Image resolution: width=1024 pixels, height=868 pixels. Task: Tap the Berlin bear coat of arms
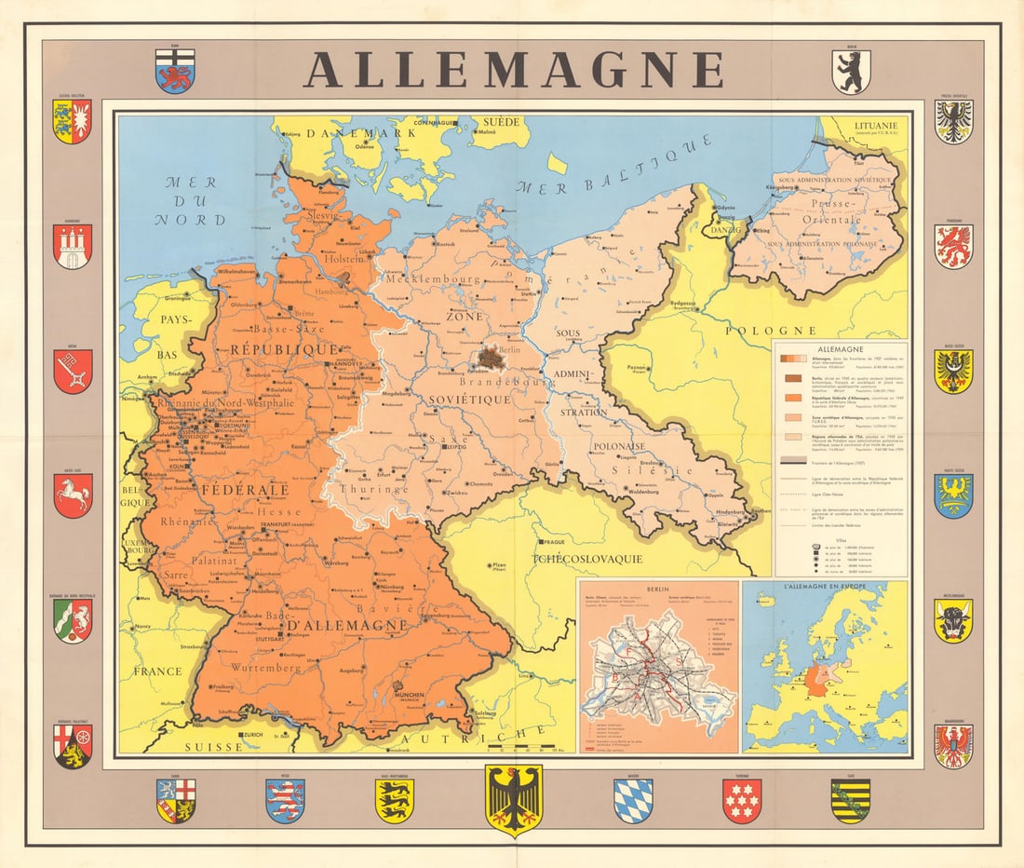[852, 73]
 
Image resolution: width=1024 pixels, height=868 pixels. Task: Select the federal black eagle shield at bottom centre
[513, 799]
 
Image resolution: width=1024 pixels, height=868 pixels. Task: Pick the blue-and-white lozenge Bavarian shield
[632, 800]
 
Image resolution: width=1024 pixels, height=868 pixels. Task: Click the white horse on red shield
[73, 495]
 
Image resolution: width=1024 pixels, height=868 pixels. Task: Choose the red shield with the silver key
[73, 371]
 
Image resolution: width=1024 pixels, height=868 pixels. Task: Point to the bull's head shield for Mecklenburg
[953, 619]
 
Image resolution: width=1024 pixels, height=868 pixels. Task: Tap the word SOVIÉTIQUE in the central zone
[470, 399]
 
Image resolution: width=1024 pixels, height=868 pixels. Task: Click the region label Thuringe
[373, 488]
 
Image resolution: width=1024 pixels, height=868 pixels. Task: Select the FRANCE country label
[157, 671]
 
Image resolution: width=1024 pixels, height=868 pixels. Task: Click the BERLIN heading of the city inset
[658, 589]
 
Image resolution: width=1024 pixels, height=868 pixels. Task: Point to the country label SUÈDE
[494, 122]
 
